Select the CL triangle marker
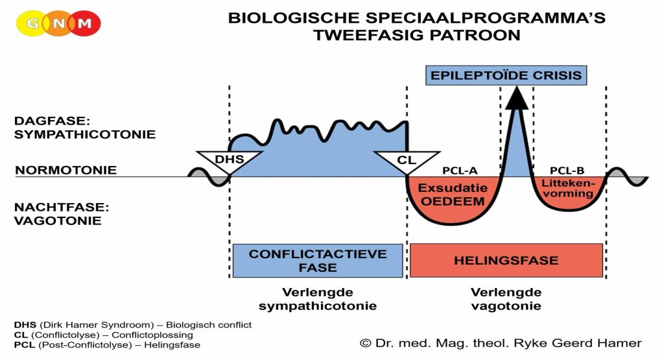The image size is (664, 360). point(407,160)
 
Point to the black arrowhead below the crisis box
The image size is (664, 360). point(517,97)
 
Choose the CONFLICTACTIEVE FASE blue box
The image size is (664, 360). point(318,260)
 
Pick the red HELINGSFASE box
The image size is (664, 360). point(506,260)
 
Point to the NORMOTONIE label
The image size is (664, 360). point(66,171)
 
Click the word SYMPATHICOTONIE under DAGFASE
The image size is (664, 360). point(85,135)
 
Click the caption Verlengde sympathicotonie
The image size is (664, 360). point(318,298)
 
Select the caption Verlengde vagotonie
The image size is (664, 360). point(506,298)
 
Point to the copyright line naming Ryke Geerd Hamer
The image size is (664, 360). point(501,343)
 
